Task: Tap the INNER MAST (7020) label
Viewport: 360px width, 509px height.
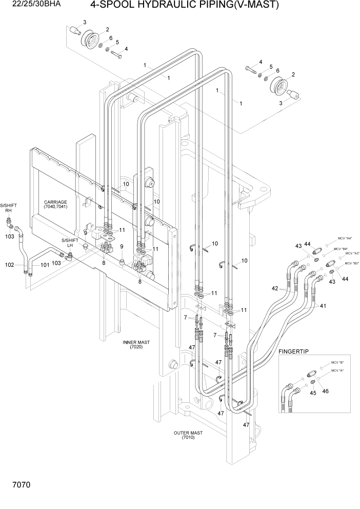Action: tap(132, 344)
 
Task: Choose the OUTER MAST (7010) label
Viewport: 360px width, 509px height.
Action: tap(188, 436)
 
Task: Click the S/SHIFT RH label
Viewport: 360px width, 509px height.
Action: tap(9, 208)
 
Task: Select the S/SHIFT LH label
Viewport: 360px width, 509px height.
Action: tap(70, 243)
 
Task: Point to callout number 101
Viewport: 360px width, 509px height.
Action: tap(45, 265)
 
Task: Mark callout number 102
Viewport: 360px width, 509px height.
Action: tap(9, 265)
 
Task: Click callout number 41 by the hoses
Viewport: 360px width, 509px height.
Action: tap(323, 306)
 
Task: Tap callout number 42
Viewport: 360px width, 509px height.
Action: tap(275, 288)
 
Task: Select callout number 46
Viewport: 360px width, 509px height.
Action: tap(325, 391)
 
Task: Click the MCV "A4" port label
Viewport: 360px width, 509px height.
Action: tap(345, 238)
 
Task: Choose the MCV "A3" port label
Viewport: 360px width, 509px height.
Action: tap(352, 253)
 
